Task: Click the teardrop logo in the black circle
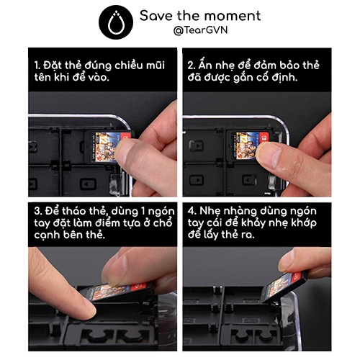116,23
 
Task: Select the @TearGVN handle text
200,30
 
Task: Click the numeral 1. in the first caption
37,66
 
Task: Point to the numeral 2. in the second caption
192,66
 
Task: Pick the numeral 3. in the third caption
38,211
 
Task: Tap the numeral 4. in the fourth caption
192,211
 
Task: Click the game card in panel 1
107,146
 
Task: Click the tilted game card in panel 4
283,287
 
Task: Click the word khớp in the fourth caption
304,224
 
